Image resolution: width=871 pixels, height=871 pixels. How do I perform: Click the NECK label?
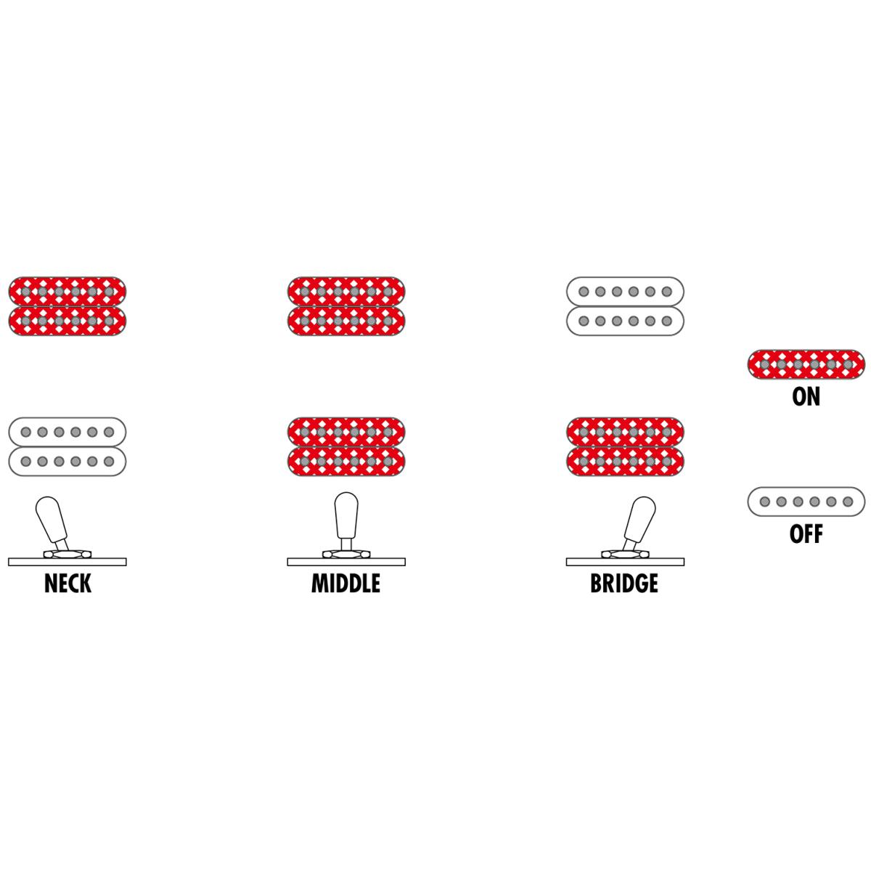click(x=68, y=583)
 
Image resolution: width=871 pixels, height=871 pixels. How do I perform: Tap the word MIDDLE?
click(x=345, y=583)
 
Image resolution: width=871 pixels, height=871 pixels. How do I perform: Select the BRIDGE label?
click(x=624, y=583)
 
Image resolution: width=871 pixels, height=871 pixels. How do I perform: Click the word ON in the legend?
click(x=806, y=396)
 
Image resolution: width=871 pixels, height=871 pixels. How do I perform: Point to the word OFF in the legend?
click(x=806, y=533)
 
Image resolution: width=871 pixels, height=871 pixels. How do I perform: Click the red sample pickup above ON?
click(x=806, y=364)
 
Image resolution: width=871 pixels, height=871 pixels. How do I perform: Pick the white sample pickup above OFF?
click(x=806, y=502)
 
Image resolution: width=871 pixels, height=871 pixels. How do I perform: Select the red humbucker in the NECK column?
click(x=68, y=306)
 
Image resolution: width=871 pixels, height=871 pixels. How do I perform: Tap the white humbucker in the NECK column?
click(x=68, y=446)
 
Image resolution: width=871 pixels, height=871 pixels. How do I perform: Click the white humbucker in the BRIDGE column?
click(x=625, y=306)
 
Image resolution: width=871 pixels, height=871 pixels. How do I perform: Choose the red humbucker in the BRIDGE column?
click(x=625, y=446)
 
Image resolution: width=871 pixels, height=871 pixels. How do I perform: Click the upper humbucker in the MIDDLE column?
click(x=346, y=306)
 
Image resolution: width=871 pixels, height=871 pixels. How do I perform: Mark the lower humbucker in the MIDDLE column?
click(x=346, y=446)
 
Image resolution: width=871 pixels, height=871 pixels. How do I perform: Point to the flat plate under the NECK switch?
click(x=68, y=562)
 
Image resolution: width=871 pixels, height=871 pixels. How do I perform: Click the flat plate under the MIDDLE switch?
click(x=346, y=562)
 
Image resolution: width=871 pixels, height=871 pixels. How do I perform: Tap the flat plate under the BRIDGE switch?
click(x=625, y=562)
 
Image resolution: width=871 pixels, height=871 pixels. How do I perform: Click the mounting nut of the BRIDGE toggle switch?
click(x=625, y=554)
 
